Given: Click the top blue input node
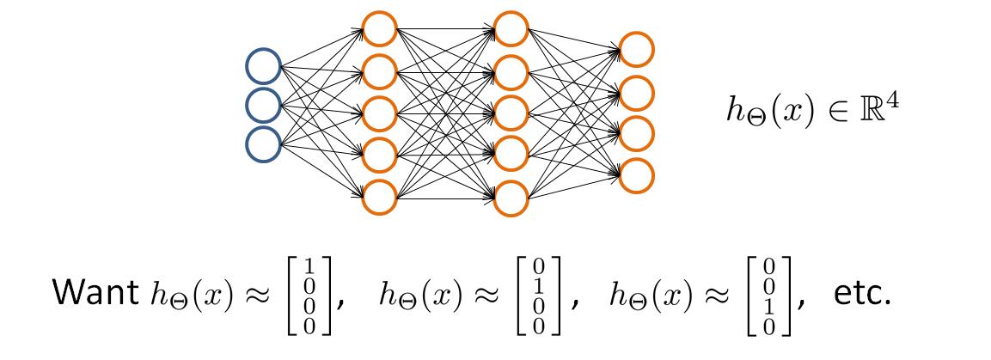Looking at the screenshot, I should tap(263, 65).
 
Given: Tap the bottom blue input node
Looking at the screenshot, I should tap(263, 143).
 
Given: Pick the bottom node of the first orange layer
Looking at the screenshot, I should tap(379, 197).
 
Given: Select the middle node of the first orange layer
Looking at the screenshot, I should tap(379, 113).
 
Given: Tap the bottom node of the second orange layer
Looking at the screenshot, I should tap(512, 197).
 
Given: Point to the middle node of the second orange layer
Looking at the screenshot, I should tap(512, 113).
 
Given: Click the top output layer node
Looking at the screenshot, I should tap(636, 50).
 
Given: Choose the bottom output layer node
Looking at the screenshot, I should tap(636, 174).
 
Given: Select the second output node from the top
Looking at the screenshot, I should tap(636, 91).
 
